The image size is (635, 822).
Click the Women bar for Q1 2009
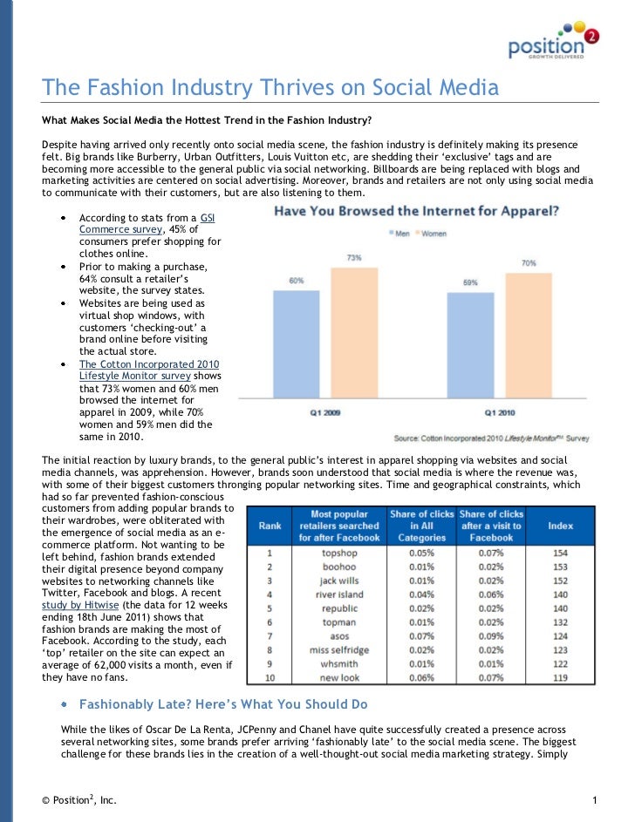354,333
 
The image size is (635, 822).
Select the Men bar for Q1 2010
470,345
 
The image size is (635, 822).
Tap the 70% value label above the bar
529,263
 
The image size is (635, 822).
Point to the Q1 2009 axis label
325,412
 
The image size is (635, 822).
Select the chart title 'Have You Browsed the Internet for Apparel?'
416,211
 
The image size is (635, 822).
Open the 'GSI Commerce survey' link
147,223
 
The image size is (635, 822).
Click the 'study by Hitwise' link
80,605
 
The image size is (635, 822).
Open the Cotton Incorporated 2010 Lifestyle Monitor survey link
149,370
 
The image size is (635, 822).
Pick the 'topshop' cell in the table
339,553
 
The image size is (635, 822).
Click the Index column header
561,526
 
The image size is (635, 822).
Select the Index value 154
561,553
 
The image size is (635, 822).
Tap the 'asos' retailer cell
339,636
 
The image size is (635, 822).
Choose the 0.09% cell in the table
491,636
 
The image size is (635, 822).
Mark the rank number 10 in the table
270,678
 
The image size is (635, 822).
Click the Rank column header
270,526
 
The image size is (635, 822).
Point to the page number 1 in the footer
595,800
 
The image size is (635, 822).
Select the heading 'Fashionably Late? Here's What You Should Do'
223,704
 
